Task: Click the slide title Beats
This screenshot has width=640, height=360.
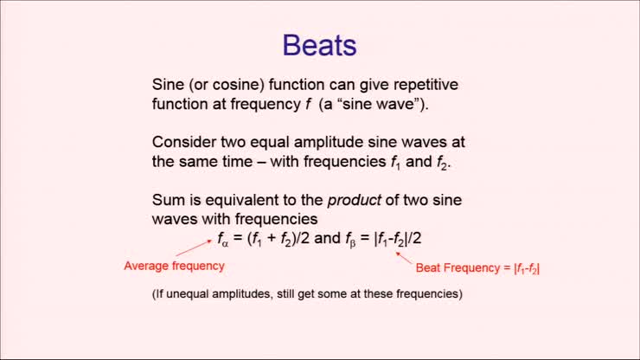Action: (320, 46)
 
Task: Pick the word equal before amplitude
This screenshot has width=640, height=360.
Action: (278, 142)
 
